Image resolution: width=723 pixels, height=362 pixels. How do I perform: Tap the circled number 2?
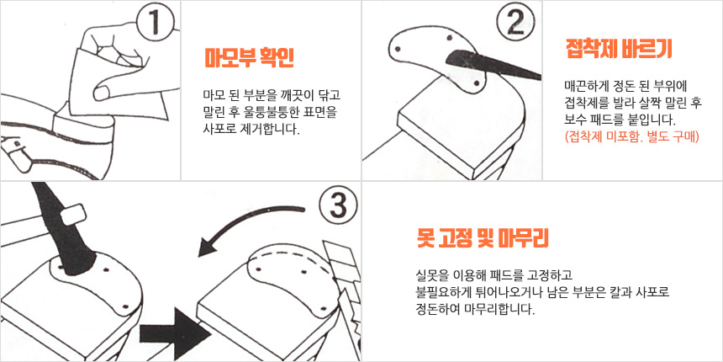(x=516, y=23)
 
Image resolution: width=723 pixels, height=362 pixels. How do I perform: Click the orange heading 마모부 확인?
(x=250, y=59)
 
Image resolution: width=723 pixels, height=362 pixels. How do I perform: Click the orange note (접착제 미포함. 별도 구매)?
(x=631, y=137)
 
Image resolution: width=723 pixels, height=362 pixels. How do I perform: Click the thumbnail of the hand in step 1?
(x=103, y=92)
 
